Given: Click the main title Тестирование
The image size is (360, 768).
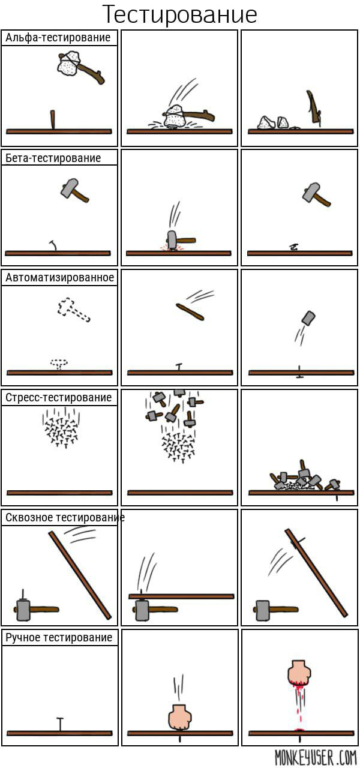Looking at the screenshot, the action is click(179, 14).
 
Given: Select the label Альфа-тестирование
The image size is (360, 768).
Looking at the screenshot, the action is click(58, 37).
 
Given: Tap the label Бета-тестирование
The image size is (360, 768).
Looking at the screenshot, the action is click(53, 158).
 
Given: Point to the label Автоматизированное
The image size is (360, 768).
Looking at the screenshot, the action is click(59, 277).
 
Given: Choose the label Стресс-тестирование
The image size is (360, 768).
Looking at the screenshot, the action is click(59, 397).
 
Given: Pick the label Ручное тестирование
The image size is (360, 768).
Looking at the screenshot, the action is click(59, 638).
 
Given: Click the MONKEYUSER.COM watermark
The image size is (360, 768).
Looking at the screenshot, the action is click(316, 757).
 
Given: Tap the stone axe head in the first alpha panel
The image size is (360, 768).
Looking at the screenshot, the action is click(68, 64).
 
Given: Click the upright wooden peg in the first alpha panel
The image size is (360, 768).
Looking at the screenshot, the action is click(53, 119).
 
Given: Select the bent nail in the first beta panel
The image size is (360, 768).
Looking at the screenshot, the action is click(53, 245).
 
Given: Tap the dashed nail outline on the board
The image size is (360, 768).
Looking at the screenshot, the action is click(59, 364).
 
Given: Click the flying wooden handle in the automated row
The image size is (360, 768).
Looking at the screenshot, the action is click(190, 311).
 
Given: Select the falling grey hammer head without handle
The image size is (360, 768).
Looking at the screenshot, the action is click(308, 318).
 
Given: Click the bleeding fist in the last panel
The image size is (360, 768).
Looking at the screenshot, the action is click(299, 673).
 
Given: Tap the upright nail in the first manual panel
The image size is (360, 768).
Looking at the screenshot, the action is click(61, 724).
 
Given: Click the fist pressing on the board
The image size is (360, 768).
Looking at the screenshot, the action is click(179, 718).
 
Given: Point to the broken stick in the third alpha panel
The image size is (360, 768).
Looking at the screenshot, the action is click(314, 108).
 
